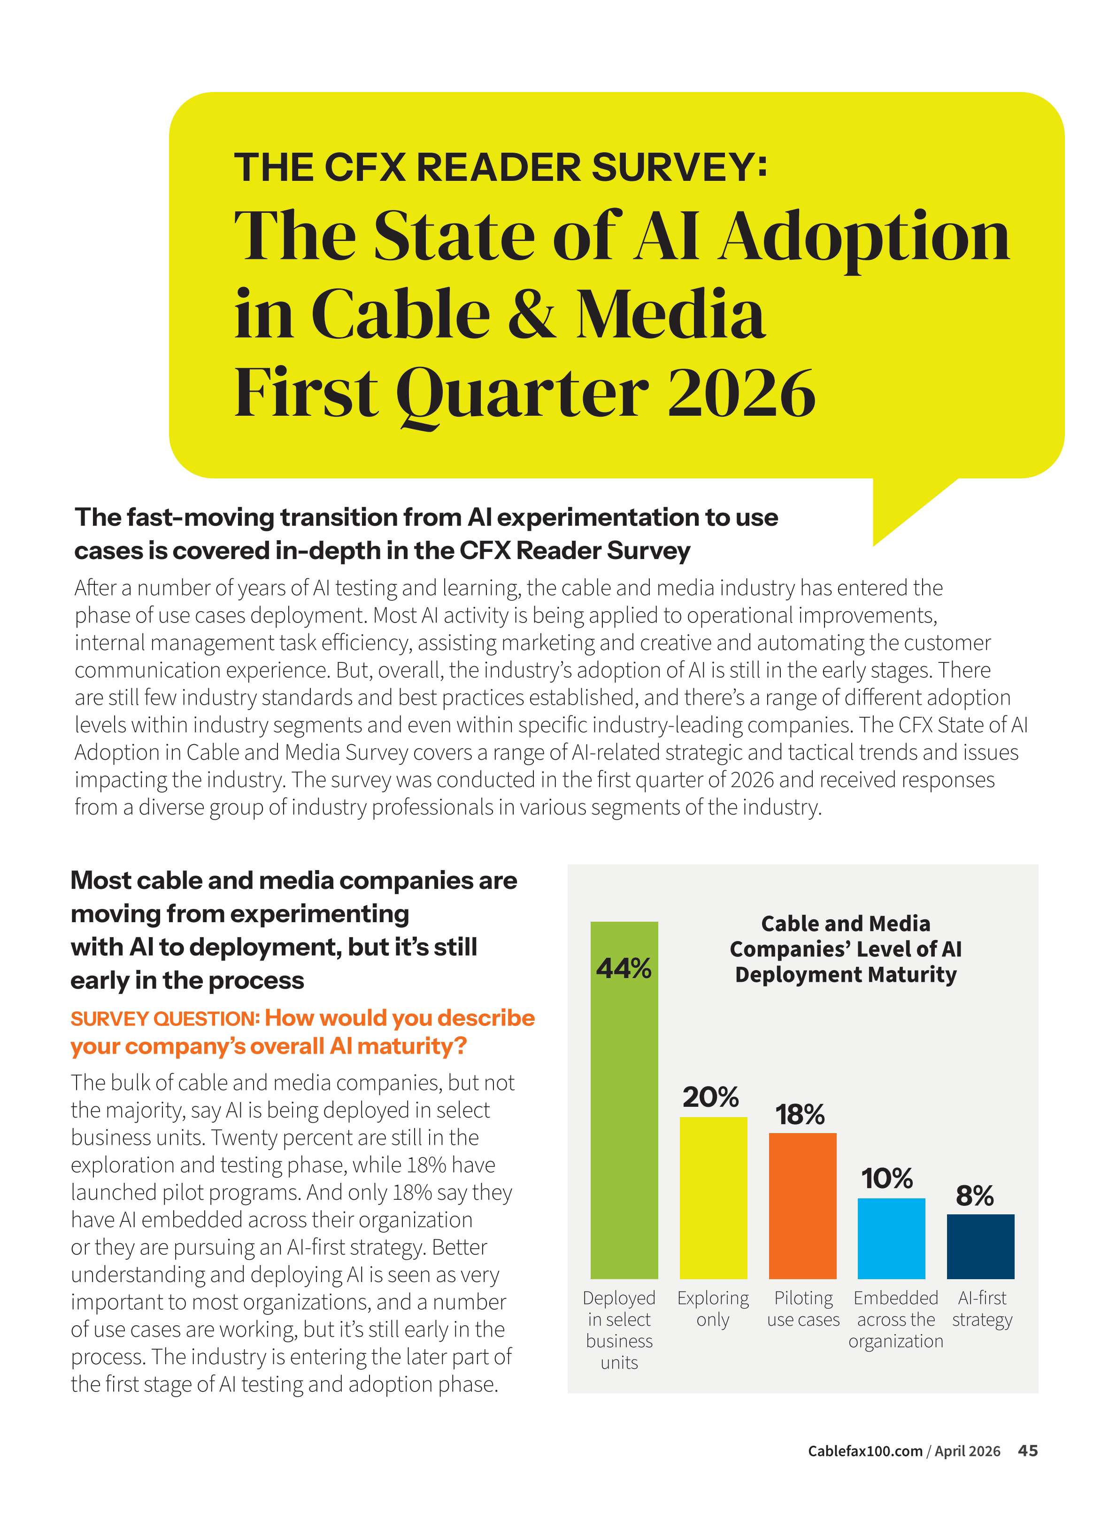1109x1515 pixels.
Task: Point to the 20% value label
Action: pos(710,1097)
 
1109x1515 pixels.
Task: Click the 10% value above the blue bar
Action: pos(887,1179)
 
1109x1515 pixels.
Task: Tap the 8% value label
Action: pos(975,1196)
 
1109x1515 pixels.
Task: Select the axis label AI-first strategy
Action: pos(981,1309)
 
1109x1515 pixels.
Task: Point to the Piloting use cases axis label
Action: pos(803,1309)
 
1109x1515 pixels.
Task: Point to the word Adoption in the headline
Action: pos(864,237)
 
